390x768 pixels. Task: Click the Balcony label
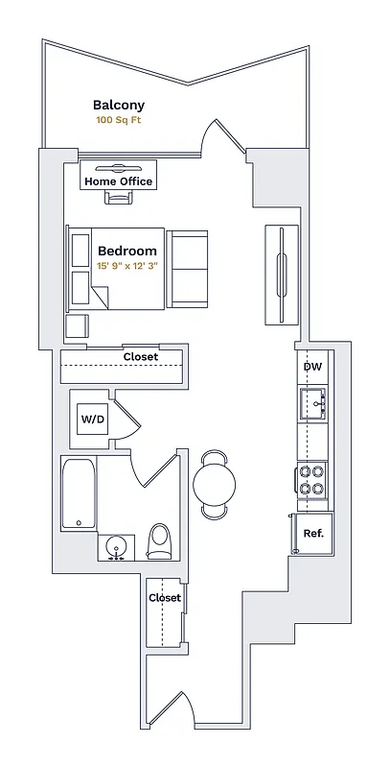pos(119,106)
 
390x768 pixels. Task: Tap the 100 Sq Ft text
pos(119,121)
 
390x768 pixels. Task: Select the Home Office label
pos(119,181)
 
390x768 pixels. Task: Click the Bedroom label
pos(127,251)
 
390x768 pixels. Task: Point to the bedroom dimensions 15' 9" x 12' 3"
pos(127,266)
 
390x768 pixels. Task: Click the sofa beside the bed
pos(188,269)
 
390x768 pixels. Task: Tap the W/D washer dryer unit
pos(93,420)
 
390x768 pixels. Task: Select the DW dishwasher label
pos(312,367)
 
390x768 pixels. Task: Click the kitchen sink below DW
pos(313,401)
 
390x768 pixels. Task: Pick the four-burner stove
pos(312,480)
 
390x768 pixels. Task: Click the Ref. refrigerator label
pos(312,534)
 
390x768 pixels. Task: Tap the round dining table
pos(216,485)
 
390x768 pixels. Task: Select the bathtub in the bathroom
pos(79,494)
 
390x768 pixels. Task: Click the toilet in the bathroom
pos(160,542)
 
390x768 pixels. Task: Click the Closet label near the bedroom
pos(140,357)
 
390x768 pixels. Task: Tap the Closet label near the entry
pos(165,597)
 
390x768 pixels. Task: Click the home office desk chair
pos(119,198)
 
